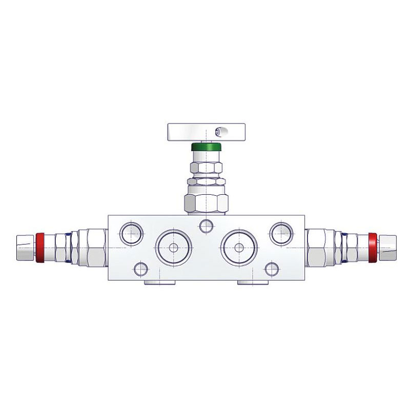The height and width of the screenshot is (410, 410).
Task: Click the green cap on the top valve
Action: click(206, 148)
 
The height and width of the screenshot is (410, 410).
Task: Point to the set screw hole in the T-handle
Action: click(220, 132)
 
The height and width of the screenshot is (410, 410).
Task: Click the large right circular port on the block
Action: click(238, 247)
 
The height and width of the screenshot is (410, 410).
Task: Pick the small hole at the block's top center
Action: click(207, 225)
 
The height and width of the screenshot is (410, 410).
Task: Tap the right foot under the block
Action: click(251, 283)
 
